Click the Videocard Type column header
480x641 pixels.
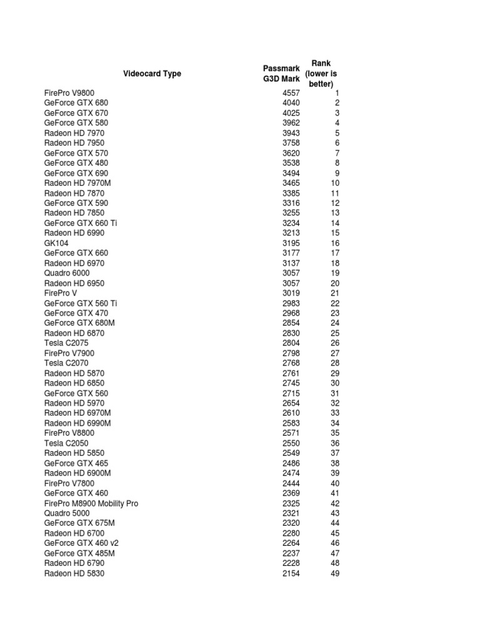152,73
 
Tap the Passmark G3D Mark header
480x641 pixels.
281,73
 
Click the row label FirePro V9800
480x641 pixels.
70,93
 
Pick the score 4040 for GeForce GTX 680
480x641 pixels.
291,103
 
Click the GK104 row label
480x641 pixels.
56,243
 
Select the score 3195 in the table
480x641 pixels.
291,243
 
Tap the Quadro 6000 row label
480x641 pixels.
67,273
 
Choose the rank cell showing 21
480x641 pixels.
335,293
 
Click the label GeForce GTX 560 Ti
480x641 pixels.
81,303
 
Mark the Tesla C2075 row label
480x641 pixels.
66,343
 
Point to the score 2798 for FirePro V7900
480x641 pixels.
291,353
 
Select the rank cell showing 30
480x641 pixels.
335,383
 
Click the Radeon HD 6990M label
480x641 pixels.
77,423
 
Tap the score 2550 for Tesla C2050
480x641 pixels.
291,443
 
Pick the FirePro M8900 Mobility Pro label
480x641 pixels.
91,503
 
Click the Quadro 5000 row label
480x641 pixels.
67,513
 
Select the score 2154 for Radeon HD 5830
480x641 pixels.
291,573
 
